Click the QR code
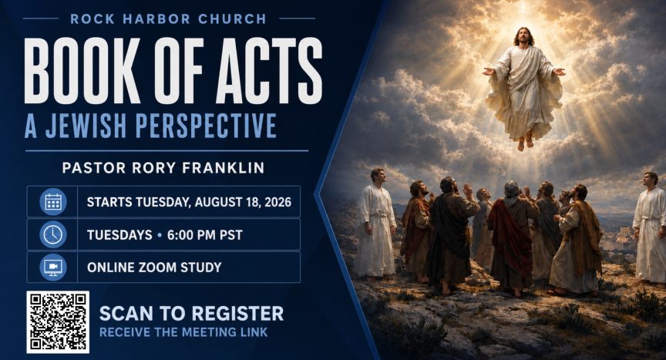tap(58, 322)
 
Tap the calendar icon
tap(53, 202)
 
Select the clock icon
tap(53, 234)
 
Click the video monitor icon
tap(53, 267)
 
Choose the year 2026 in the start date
tap(277, 202)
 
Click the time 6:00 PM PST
tap(205, 235)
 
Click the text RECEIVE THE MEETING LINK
tap(183, 332)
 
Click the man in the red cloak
tap(512, 238)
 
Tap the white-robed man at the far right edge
tap(650, 228)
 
